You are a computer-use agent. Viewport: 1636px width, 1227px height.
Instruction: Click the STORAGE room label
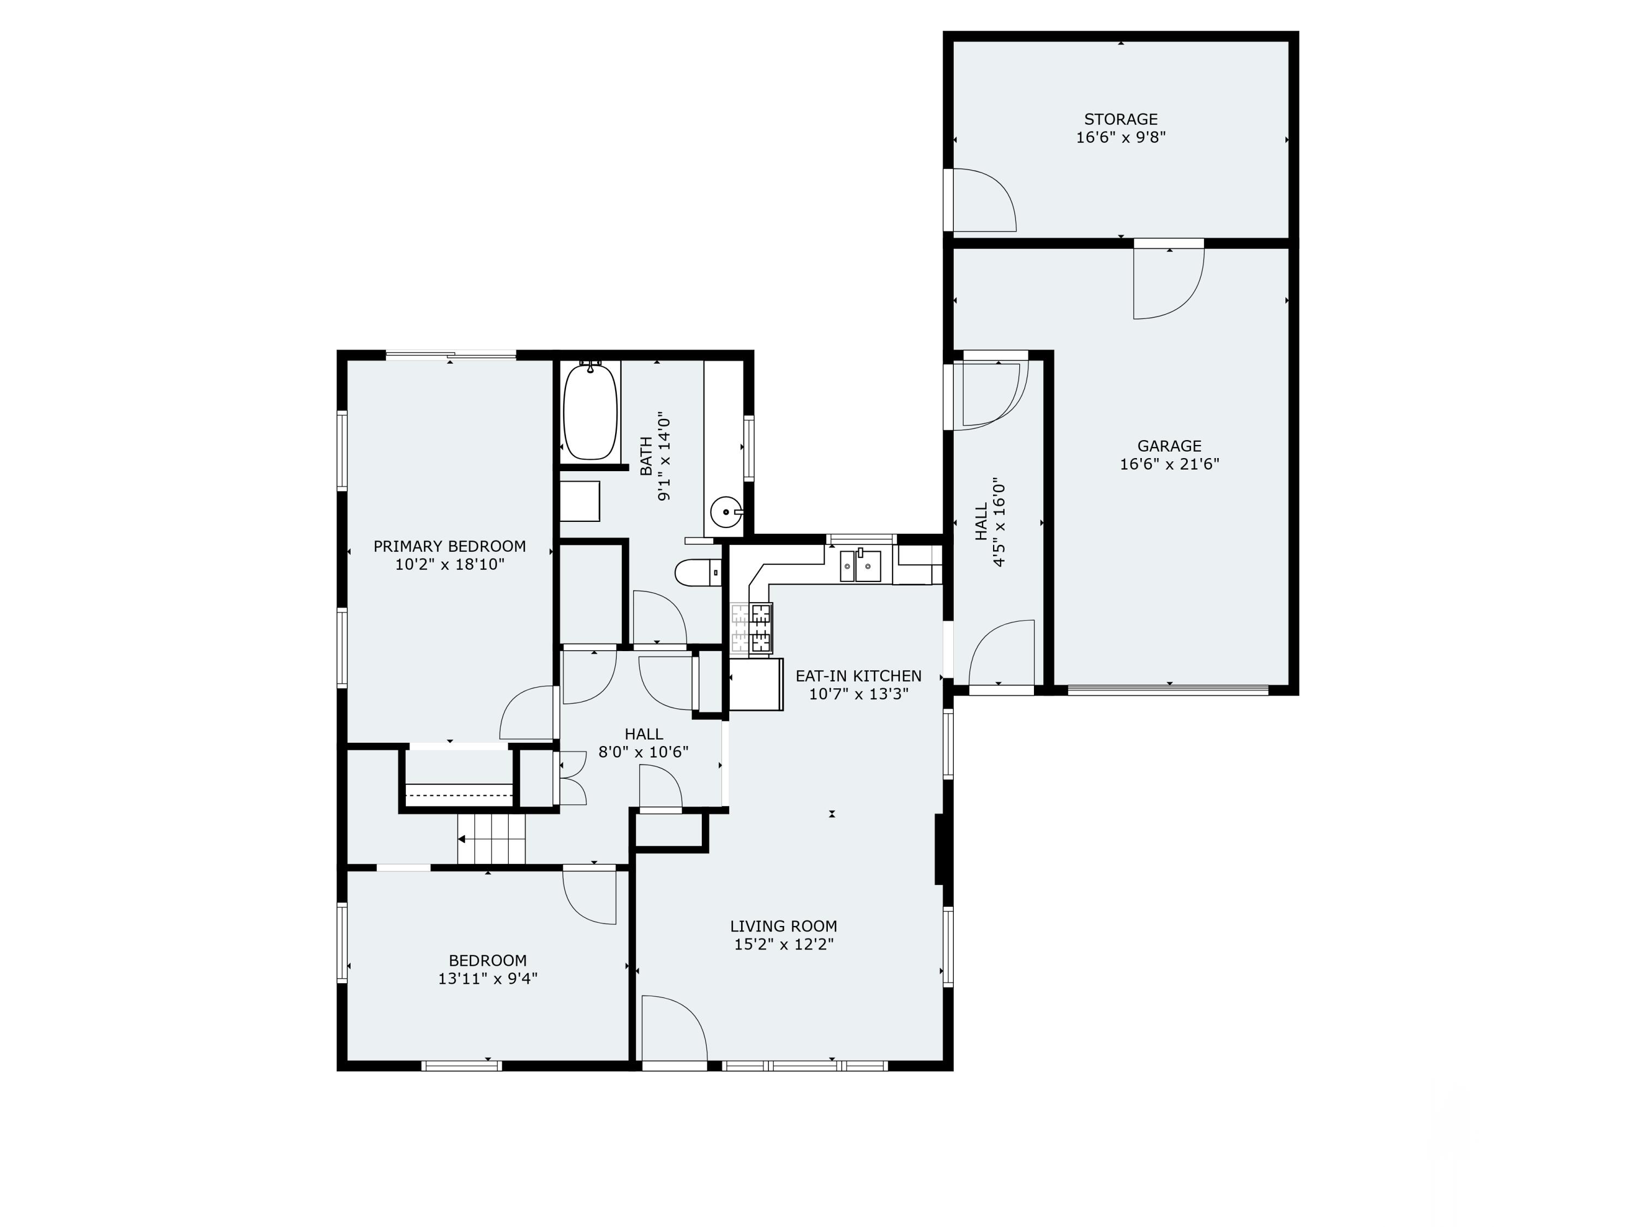click(x=1121, y=119)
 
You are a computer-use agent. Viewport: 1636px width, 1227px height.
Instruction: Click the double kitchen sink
click(x=860, y=567)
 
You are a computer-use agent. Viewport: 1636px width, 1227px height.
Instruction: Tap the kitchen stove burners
click(x=752, y=629)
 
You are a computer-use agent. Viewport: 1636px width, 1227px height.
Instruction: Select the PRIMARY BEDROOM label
click(x=449, y=546)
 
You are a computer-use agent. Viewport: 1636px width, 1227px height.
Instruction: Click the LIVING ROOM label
click(x=783, y=926)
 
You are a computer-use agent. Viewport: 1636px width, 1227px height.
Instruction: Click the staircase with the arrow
click(x=490, y=839)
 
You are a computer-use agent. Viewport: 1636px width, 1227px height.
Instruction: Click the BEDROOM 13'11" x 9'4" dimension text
click(x=488, y=978)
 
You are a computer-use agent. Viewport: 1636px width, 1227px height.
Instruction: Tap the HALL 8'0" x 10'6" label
click(x=643, y=743)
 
